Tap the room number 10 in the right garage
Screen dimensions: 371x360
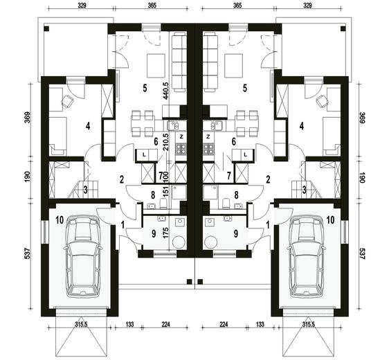point(330,220)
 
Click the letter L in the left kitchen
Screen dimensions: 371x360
point(144,155)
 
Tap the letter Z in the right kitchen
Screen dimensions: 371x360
point(208,136)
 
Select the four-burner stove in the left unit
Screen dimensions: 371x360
point(181,149)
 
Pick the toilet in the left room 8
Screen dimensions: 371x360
point(163,204)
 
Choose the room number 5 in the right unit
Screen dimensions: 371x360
point(245,88)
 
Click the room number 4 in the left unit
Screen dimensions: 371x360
point(88,126)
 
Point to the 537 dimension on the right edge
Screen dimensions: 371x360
point(362,253)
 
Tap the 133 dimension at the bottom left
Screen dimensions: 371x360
point(129,324)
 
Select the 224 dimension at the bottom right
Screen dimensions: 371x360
point(224,324)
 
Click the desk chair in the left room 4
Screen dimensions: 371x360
point(68,101)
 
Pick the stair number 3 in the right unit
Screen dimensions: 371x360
point(305,190)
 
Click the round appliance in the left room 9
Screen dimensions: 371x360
point(179,242)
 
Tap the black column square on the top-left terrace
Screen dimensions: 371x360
point(46,28)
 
